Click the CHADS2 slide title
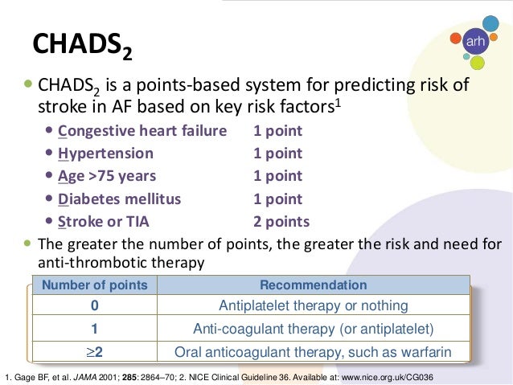pyautogui.click(x=83, y=46)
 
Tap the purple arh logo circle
pyautogui.click(x=475, y=41)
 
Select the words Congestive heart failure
pyautogui.click(x=142, y=131)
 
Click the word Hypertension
pyautogui.click(x=105, y=154)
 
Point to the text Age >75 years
pyautogui.click(x=107, y=176)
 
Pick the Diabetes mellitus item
pyautogui.click(x=120, y=199)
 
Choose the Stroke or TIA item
pyautogui.click(x=104, y=222)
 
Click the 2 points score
pyautogui.click(x=281, y=222)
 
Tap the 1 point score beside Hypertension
pyautogui.click(x=277, y=154)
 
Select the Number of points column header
pyautogui.click(x=95, y=285)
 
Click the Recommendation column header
pyautogui.click(x=314, y=285)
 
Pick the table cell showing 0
pyautogui.click(x=95, y=305)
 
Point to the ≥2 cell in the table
pyautogui.click(x=95, y=352)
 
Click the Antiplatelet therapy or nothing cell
pyautogui.click(x=314, y=306)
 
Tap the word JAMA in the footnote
pyautogui.click(x=85, y=378)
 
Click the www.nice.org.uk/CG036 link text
pyautogui.click(x=388, y=378)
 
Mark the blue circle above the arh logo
pyautogui.click(x=490, y=23)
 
